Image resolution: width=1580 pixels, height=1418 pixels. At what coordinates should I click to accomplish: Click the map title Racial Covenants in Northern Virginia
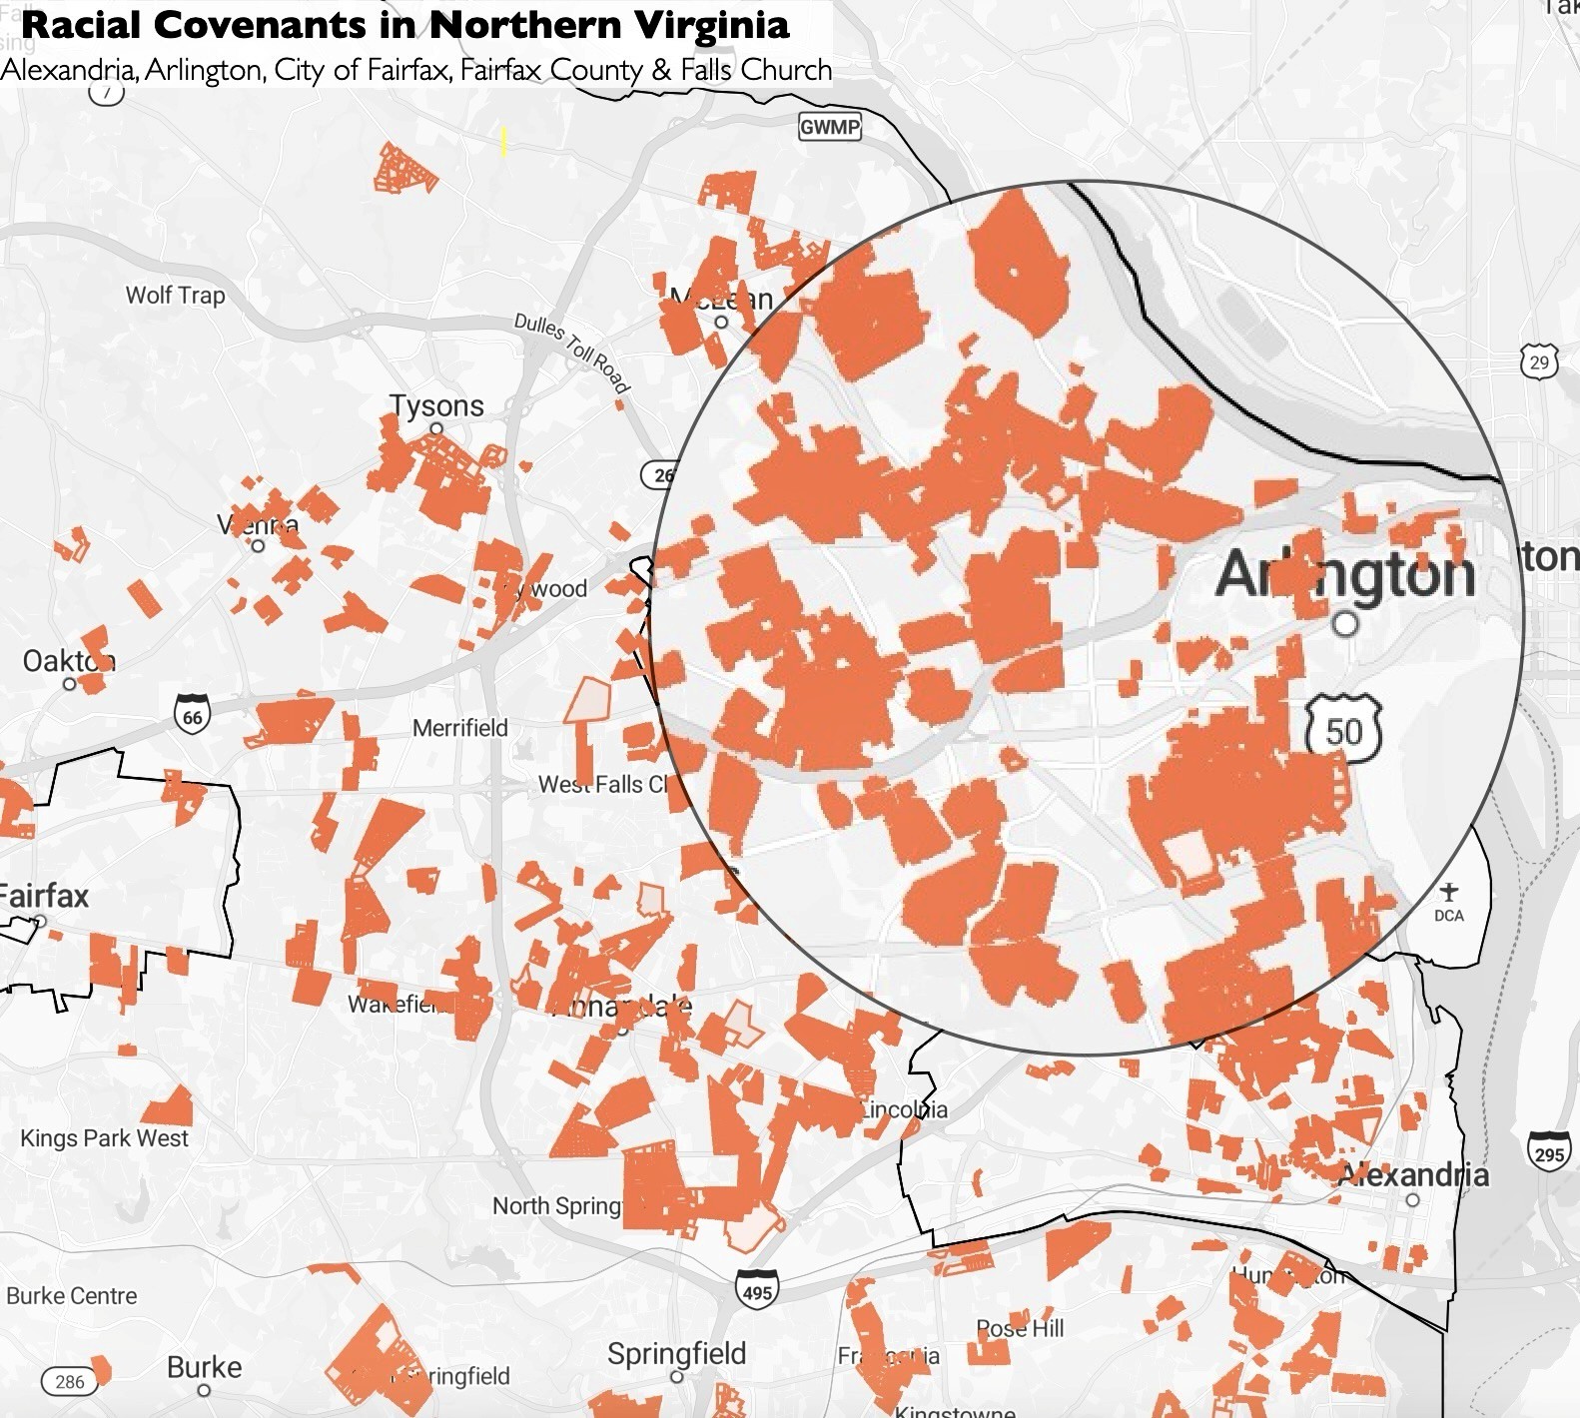404,26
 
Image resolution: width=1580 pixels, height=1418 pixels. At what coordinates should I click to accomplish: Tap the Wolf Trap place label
175,295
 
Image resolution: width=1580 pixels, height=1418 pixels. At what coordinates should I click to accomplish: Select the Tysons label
436,405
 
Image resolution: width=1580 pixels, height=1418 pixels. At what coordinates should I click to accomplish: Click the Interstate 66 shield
192,716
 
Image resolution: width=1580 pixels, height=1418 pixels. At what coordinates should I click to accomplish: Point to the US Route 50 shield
1343,730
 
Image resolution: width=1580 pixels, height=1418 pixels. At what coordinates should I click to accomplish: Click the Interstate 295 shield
1548,1151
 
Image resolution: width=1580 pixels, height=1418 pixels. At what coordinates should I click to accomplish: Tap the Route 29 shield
1539,361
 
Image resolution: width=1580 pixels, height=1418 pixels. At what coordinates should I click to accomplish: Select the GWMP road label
830,127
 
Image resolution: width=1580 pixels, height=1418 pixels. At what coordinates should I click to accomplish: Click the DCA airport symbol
1449,892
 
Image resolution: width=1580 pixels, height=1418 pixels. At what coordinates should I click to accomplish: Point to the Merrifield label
460,728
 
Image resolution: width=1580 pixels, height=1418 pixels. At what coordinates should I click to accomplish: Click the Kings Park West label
104,1138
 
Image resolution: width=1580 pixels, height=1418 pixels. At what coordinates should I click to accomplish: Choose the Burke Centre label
72,1295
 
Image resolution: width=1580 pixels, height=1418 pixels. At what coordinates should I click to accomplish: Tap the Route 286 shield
70,1382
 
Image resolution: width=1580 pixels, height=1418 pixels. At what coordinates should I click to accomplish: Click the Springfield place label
676,1354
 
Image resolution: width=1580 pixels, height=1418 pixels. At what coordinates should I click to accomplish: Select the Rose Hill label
1020,1328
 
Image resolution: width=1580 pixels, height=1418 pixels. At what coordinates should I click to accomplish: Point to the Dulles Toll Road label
571,352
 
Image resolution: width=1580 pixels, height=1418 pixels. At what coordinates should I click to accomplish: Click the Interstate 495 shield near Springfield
757,1290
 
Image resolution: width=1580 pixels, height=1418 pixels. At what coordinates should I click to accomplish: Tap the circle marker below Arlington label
1346,625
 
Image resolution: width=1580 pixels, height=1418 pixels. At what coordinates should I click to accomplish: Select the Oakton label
68,661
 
